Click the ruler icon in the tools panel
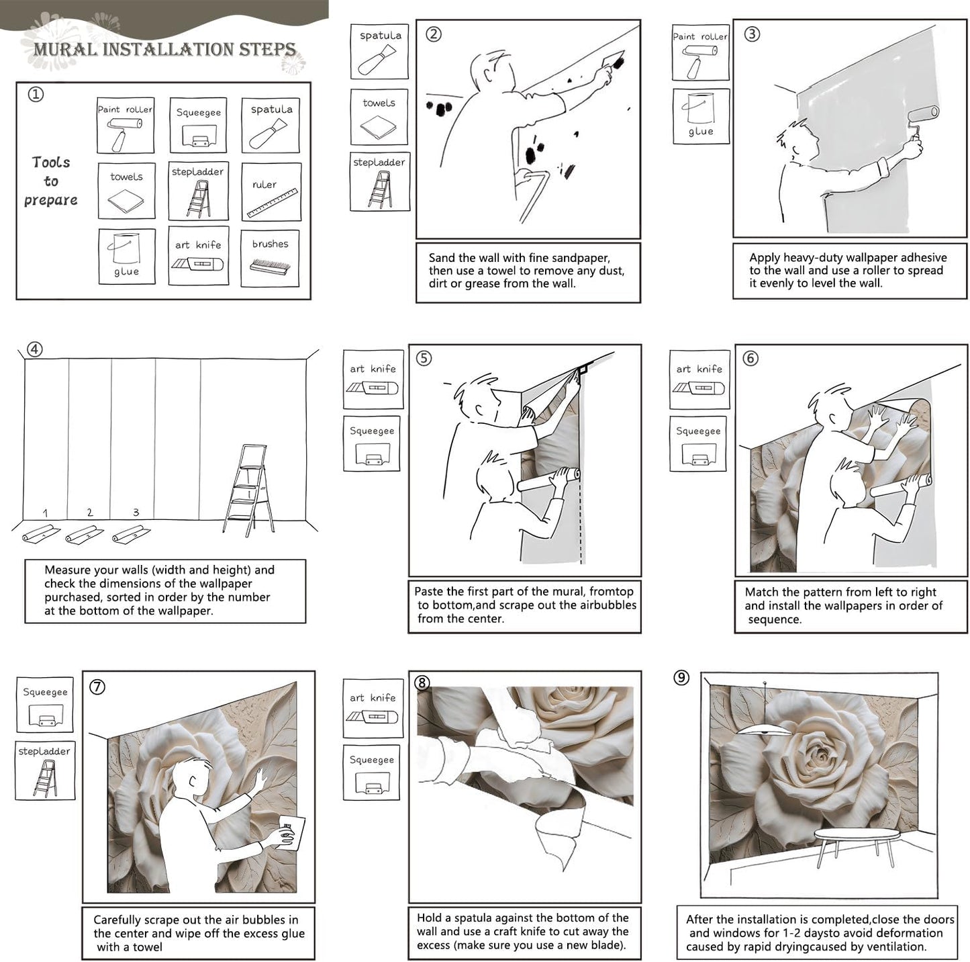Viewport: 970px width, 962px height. (272, 203)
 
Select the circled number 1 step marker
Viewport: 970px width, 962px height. (36, 94)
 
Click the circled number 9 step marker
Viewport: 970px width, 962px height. (681, 676)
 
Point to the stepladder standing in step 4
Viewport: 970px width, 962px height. (249, 490)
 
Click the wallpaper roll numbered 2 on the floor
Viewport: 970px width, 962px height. (84, 533)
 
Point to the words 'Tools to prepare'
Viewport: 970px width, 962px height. (51, 181)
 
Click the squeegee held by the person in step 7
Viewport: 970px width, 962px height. (291, 832)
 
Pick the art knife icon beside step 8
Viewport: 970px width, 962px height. (372, 716)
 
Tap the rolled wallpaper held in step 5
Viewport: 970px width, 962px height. (548, 480)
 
